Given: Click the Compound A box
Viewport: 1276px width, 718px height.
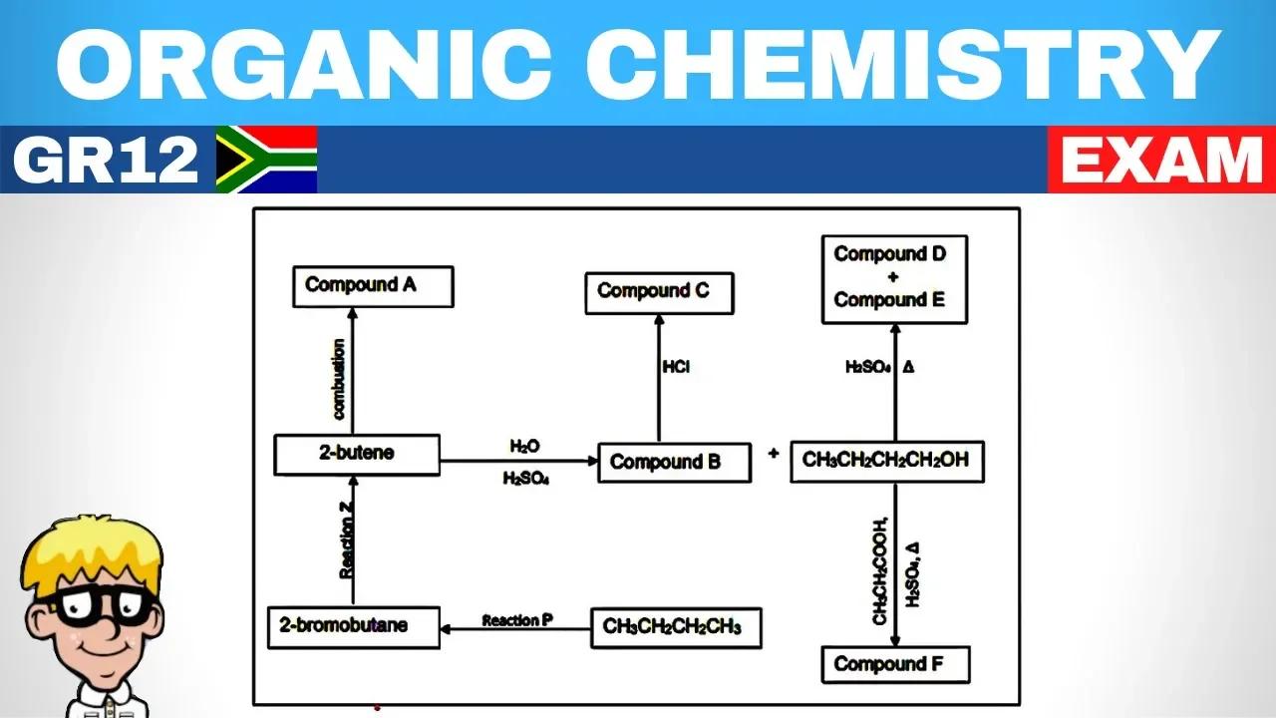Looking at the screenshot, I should [373, 286].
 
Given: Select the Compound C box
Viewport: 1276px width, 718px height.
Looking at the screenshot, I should [660, 293].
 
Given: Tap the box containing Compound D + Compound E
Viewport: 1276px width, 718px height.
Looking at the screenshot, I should [894, 278].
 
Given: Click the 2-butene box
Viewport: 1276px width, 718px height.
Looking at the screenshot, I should [357, 454].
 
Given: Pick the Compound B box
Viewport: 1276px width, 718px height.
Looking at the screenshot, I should [674, 463].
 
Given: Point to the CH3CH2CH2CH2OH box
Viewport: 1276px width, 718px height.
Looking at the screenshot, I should [886, 462].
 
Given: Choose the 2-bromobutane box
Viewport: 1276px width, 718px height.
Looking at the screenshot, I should [354, 627].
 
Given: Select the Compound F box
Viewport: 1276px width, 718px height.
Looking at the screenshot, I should [895, 664].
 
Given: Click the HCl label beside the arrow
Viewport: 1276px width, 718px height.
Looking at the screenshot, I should [676, 368].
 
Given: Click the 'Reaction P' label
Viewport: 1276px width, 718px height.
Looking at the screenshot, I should [517, 620].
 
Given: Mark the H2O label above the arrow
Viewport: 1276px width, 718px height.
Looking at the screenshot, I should [525, 446].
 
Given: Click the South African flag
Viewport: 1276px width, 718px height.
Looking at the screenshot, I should [266, 160].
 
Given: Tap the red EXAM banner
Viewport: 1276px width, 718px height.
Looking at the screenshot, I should [1161, 160].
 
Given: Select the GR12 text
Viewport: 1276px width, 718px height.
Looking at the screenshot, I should [107, 160].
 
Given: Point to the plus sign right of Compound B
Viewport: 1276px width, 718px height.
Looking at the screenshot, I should [774, 454].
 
